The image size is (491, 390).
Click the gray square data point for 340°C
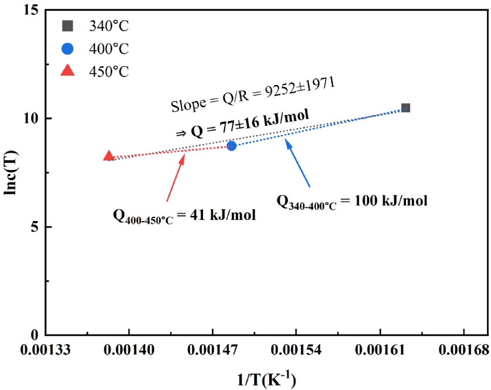coord(405,108)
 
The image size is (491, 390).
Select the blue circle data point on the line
coord(231,146)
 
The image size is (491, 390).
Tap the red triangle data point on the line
coord(109,156)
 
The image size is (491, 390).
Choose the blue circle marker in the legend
coord(67,48)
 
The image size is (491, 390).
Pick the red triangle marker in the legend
coord(67,70)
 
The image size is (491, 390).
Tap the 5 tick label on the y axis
coord(34,227)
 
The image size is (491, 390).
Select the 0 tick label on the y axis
coord(34,335)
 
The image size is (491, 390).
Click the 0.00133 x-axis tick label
coord(45,351)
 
